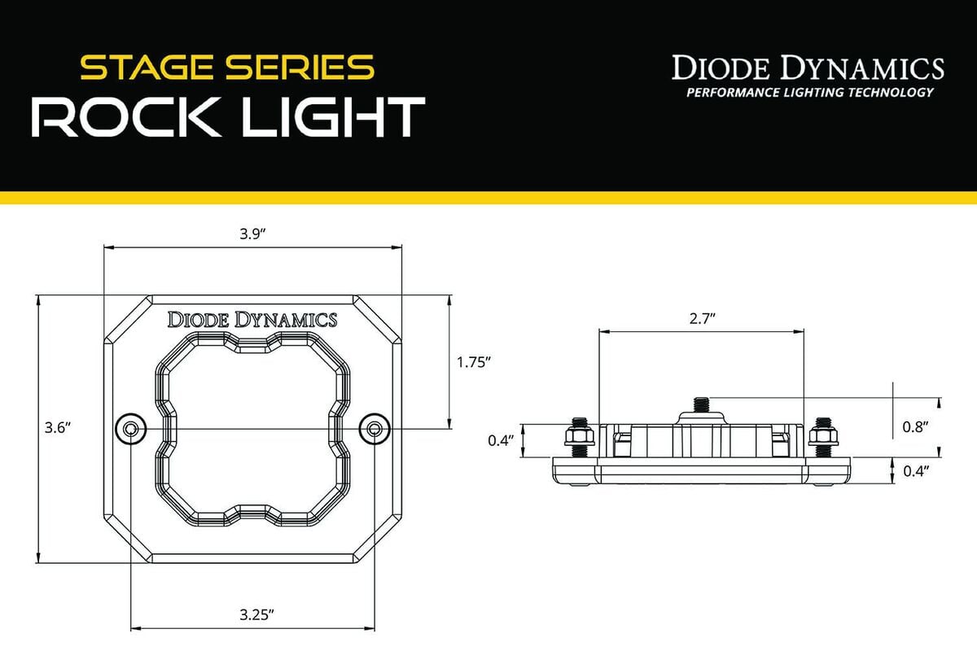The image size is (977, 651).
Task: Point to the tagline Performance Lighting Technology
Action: tap(809, 92)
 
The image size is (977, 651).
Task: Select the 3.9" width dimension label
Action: tap(252, 234)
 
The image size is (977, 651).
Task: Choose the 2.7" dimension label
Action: tap(700, 319)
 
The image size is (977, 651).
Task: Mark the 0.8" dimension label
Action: tap(916, 426)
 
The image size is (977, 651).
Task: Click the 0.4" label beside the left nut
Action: tap(499, 440)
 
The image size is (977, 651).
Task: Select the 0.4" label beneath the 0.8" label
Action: tap(916, 470)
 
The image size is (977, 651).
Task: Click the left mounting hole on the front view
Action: tap(131, 428)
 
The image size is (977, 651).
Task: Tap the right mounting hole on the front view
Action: tap(374, 428)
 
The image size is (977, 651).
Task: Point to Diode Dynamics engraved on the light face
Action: tap(252, 320)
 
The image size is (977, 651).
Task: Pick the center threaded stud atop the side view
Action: tap(701, 403)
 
